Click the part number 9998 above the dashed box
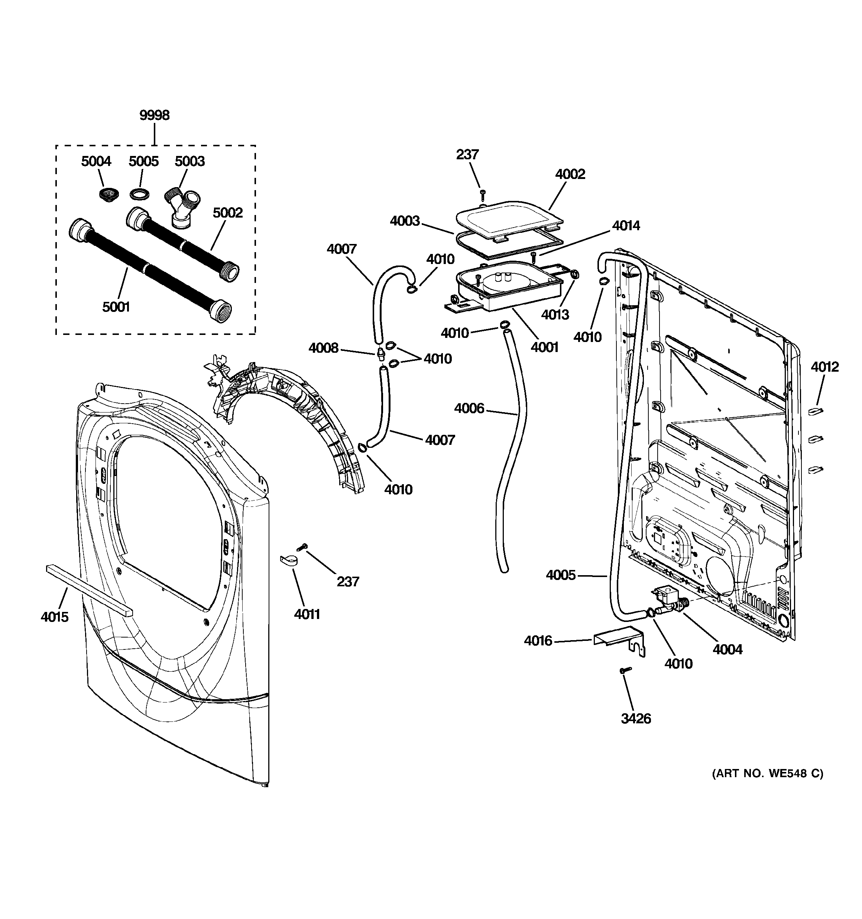point(155,115)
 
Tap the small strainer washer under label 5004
point(108,194)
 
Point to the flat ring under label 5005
point(139,194)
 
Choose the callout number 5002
point(228,213)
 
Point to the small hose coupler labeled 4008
point(380,355)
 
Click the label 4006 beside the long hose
point(469,408)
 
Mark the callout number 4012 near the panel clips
point(824,367)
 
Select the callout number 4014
point(626,226)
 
